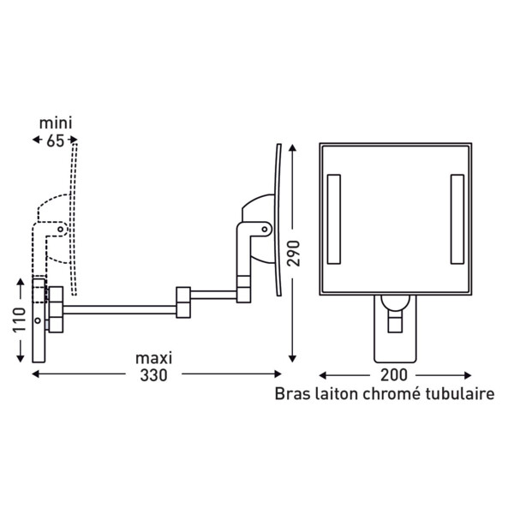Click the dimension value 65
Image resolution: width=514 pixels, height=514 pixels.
55,141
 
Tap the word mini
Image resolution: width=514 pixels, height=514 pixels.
56,123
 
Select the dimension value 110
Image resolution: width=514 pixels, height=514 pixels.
20,320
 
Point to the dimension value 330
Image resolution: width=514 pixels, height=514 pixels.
153,375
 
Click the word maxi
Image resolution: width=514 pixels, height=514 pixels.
153,358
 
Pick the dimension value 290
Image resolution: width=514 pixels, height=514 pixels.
293,254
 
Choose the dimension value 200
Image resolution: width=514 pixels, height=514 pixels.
394,375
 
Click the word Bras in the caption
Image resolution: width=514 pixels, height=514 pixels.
292,394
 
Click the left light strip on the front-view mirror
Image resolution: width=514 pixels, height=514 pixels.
334,219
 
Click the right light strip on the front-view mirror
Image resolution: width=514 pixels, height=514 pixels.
457,219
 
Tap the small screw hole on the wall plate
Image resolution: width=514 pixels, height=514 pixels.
38,320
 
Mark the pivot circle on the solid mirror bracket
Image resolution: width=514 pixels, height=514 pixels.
264,230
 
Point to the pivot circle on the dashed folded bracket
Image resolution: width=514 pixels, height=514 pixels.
60,230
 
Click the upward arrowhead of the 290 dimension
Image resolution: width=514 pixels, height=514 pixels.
292,147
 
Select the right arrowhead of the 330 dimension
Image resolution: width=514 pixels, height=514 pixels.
278,374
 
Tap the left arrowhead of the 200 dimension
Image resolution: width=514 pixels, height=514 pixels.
323,375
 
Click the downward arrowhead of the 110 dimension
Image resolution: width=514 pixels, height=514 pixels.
21,359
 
